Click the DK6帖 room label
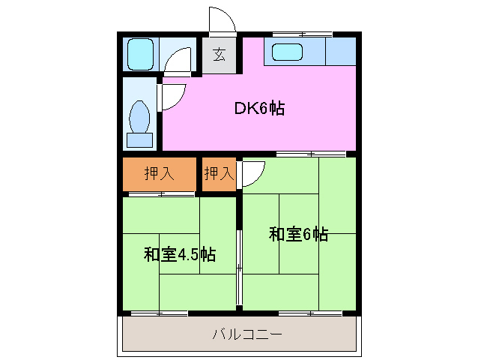tap(259, 108)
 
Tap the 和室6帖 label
tap(298, 234)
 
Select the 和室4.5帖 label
tap(180, 254)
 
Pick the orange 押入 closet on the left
tap(160, 173)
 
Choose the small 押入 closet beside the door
tap(219, 173)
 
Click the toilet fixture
tap(140, 118)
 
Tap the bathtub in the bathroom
tap(140, 54)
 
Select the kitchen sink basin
tap(288, 52)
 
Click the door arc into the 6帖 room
tap(252, 172)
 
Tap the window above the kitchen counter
tap(303, 34)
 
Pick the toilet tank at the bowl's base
tap(140, 140)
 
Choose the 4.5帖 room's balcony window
tap(160, 312)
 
